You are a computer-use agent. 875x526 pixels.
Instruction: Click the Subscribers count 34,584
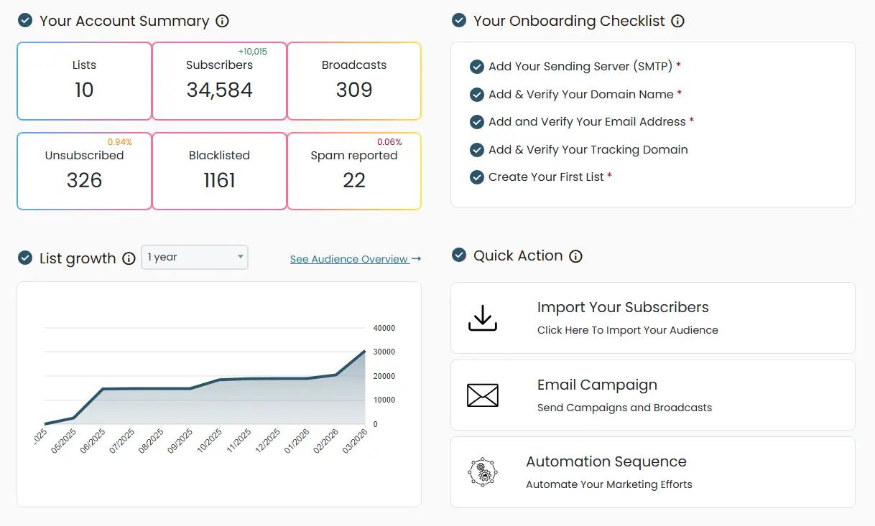(219, 90)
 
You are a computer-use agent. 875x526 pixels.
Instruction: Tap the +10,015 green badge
(252, 52)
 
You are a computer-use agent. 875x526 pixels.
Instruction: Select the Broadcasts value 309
(354, 90)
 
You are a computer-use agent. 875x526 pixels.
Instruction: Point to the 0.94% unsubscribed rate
(120, 142)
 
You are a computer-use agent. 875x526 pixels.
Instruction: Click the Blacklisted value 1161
(219, 181)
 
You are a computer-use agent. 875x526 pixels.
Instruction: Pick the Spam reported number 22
(354, 181)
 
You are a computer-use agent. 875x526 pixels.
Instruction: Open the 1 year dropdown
(195, 257)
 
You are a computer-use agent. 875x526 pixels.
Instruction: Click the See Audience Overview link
(355, 259)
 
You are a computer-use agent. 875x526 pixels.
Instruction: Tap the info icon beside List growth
(129, 258)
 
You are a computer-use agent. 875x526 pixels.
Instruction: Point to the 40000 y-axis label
(384, 328)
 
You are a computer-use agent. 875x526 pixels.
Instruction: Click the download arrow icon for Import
(483, 318)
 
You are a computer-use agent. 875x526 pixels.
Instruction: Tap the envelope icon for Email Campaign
(483, 395)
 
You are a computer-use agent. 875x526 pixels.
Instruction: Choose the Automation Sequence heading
(606, 461)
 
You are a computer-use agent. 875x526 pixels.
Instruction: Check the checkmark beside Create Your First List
(476, 177)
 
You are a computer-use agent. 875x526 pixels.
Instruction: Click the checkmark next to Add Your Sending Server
(476, 67)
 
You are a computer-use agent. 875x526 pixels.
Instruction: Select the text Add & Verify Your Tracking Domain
(588, 149)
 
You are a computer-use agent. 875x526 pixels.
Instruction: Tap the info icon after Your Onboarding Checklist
(677, 21)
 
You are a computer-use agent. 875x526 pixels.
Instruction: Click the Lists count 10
(84, 90)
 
